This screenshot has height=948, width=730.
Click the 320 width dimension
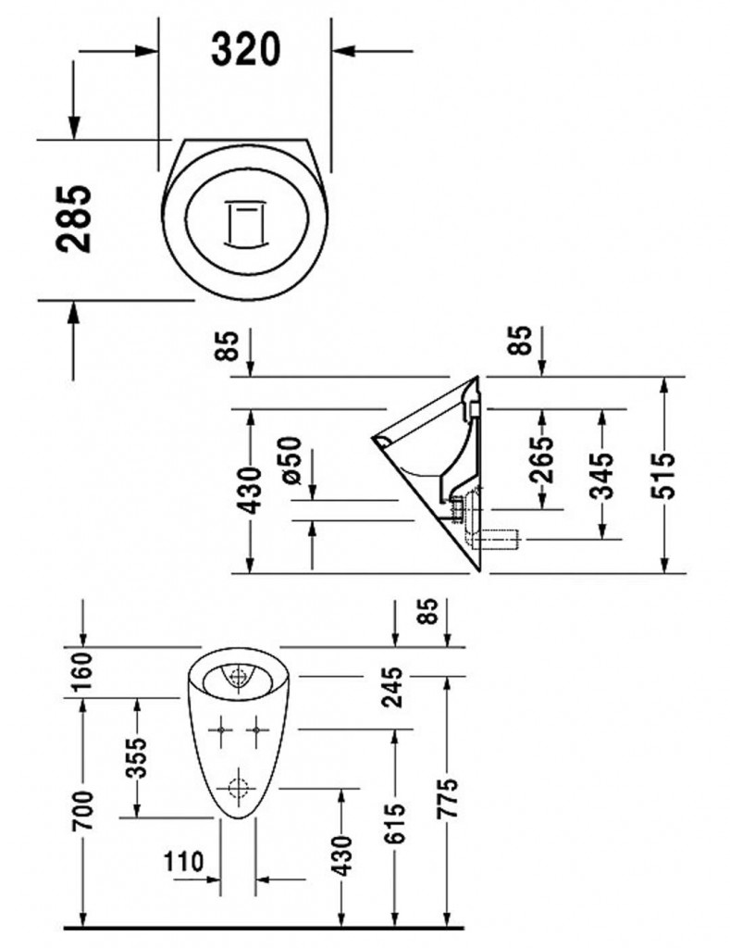coord(245,48)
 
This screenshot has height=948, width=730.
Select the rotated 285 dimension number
coord(74,219)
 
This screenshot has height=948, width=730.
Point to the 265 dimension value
coord(542,459)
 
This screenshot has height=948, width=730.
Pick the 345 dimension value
coord(603,474)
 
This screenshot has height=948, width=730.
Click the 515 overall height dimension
coord(665,475)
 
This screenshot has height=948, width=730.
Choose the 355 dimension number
coord(136,759)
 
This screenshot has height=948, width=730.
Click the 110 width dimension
coord(184,863)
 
